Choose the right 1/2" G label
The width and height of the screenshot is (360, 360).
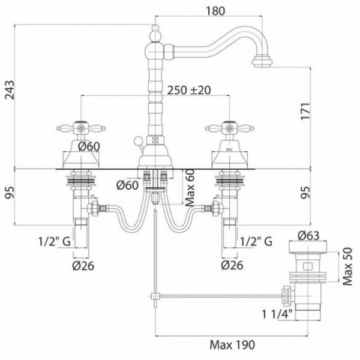pyautogui.click(x=256, y=242)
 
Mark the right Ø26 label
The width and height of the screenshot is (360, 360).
pyautogui.click(x=232, y=264)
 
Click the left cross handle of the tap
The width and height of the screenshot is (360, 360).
pyautogui.click(x=75, y=127)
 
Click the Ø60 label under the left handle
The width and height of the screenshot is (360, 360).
pyautogui.click(x=87, y=146)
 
